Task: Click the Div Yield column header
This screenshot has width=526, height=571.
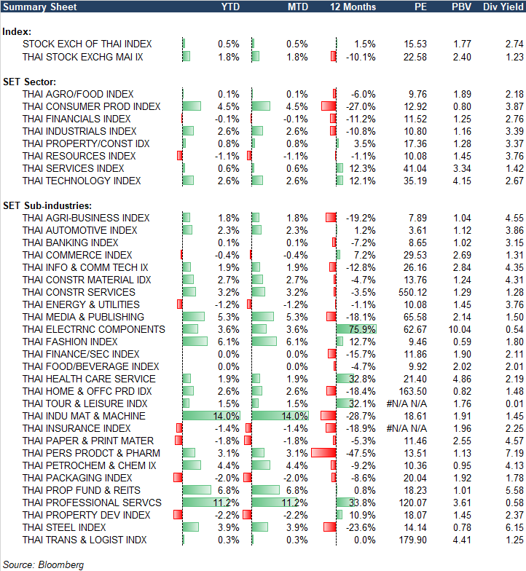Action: click(503, 7)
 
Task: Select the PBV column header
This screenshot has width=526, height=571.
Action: click(460, 7)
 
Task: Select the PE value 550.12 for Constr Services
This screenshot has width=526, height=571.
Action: click(413, 292)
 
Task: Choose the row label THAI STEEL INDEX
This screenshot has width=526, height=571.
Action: click(65, 527)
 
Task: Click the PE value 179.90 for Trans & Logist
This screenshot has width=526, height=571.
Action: click(413, 540)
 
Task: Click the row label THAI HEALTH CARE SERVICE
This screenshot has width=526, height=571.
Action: click(89, 379)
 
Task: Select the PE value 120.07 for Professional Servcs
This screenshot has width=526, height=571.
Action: click(413, 503)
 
